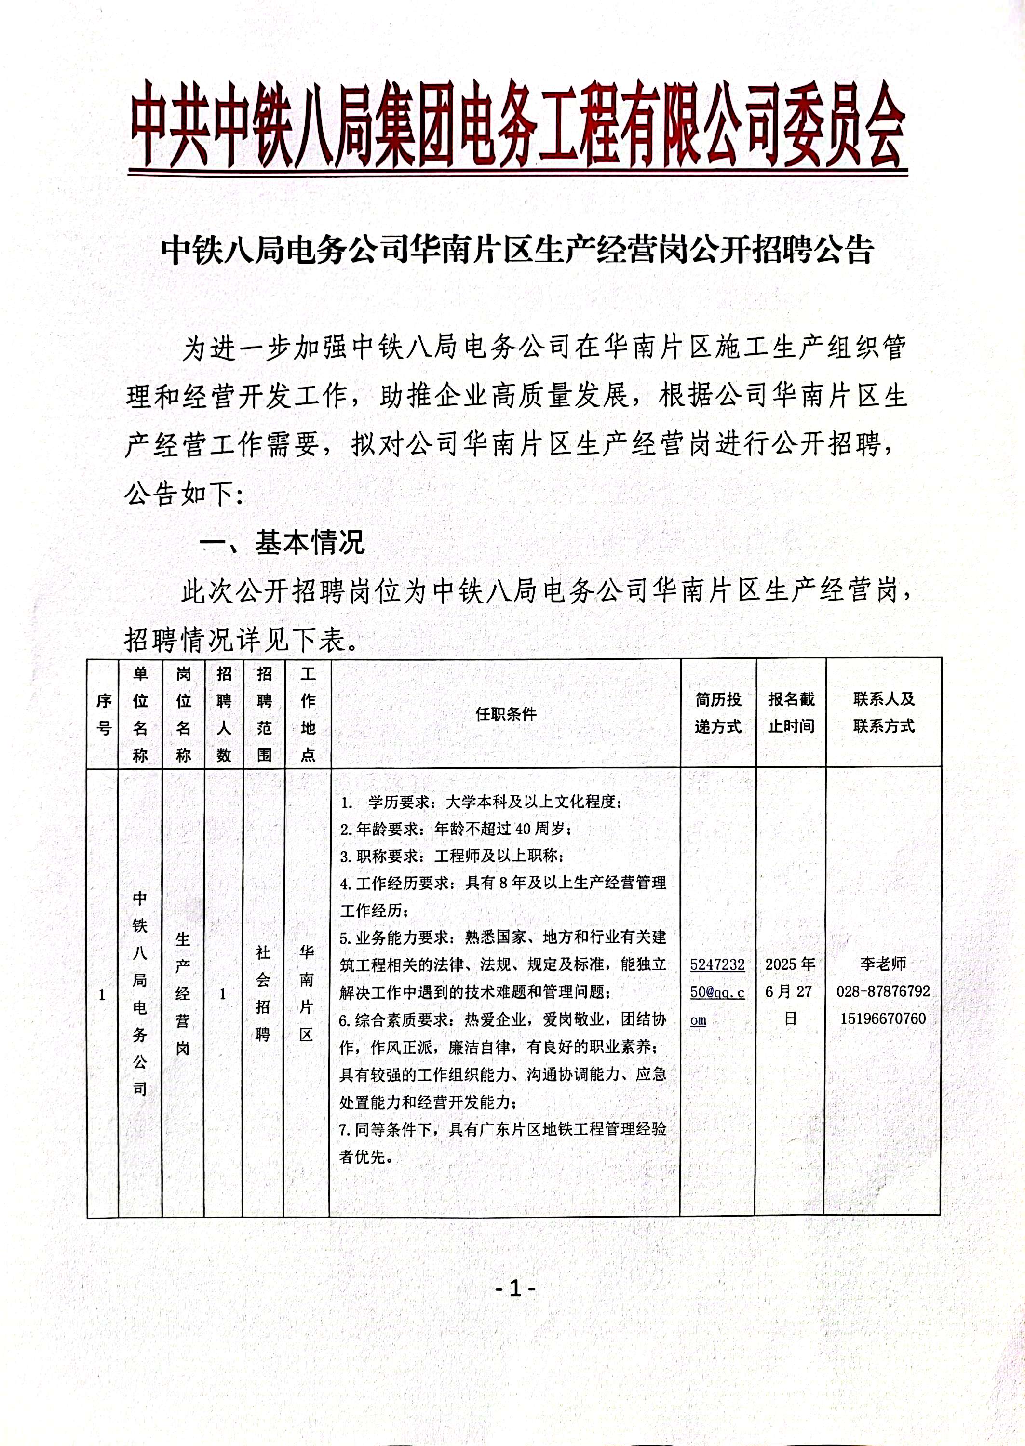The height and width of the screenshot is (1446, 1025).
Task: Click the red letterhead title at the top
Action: click(x=517, y=126)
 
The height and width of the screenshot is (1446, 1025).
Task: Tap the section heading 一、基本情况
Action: click(x=282, y=543)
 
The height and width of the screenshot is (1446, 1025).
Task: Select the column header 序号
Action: click(x=104, y=714)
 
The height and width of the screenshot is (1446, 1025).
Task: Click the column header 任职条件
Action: click(x=506, y=714)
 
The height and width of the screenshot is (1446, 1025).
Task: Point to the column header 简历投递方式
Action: click(x=718, y=713)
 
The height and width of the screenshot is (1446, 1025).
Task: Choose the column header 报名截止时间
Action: click(x=791, y=713)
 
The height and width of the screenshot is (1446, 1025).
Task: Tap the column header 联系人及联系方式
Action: click(x=884, y=713)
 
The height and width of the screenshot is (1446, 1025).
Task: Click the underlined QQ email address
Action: click(x=717, y=992)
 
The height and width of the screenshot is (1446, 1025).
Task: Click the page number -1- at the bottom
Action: click(x=515, y=1288)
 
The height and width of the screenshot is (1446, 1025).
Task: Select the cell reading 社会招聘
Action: click(x=263, y=992)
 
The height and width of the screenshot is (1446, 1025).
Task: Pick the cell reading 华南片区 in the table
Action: click(x=307, y=992)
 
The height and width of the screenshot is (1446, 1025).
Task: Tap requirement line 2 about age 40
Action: click(x=456, y=829)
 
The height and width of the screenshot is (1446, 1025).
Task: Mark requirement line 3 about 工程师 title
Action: click(x=452, y=856)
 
